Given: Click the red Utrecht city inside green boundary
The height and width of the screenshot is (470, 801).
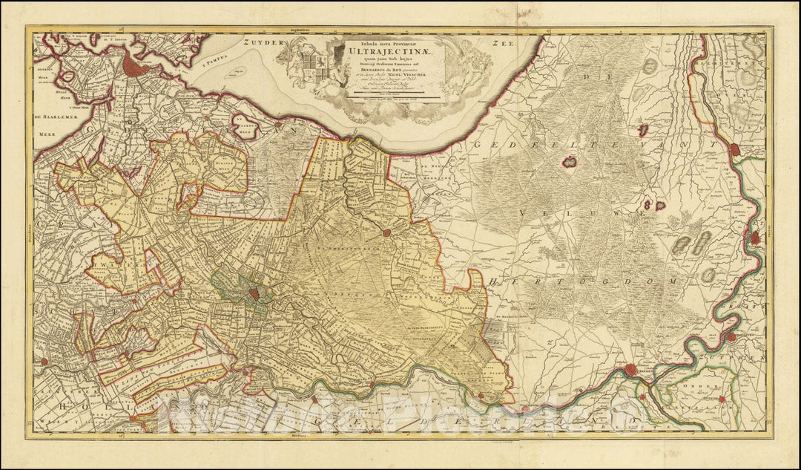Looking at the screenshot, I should [x=254, y=293].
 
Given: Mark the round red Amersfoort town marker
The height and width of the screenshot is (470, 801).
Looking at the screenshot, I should [x=386, y=233].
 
